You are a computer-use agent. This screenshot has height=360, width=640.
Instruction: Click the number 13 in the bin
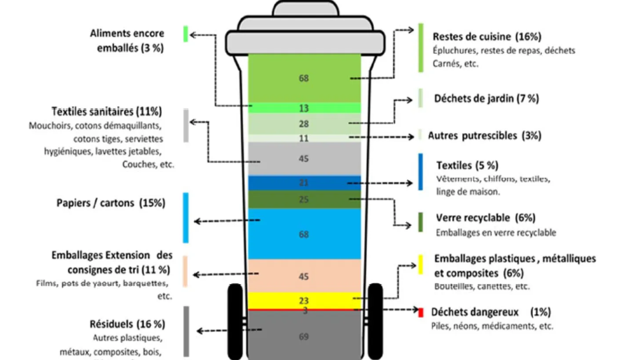coord(304,108)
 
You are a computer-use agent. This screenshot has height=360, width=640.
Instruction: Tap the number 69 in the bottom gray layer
coord(304,337)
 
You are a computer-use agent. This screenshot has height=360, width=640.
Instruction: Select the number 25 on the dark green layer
coord(304,200)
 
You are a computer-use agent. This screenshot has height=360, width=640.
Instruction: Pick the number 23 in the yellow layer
coord(304,301)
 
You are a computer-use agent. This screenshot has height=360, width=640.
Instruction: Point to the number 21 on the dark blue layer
coord(304,183)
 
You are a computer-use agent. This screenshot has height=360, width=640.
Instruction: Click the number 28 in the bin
coord(304,124)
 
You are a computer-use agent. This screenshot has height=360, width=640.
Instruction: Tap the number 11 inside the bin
coord(304,138)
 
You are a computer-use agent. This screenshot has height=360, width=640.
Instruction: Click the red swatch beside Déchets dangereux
coord(421,313)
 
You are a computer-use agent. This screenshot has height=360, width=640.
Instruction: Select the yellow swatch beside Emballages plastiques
coord(421,264)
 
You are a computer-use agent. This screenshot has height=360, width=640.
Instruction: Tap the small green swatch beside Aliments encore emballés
coord(185,34)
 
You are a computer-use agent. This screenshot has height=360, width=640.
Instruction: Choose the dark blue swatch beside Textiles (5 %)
coord(421,172)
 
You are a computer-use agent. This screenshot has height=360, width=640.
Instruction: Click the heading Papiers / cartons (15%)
coord(111,203)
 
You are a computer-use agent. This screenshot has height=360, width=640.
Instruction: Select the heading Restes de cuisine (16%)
coord(487,36)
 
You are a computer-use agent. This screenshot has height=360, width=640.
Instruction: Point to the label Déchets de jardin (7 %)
coord(486,98)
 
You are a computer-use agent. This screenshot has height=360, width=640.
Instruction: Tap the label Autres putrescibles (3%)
coord(484,136)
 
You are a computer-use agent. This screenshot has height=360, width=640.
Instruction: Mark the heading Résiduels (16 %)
coord(127,324)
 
